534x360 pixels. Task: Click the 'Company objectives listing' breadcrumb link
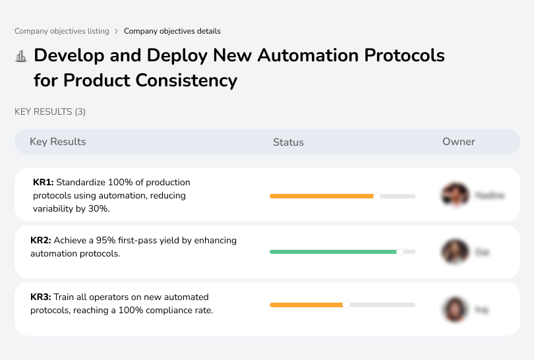62,31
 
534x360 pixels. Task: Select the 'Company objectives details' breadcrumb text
172,31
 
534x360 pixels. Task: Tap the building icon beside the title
21,56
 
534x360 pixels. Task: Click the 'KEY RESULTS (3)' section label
50,111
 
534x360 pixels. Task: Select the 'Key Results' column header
57,142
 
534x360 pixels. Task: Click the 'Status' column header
288,142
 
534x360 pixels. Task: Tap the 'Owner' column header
459,142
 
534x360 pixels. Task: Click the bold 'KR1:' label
43,182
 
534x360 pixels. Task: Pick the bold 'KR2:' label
41,241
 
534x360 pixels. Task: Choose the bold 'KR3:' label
41,297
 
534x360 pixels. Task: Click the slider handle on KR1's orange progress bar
377,196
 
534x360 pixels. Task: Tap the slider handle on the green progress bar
400,252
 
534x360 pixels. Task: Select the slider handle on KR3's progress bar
346,305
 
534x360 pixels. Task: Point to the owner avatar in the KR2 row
454,252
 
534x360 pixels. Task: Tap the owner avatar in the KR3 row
454,309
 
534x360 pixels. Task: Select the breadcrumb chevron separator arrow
117,31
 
